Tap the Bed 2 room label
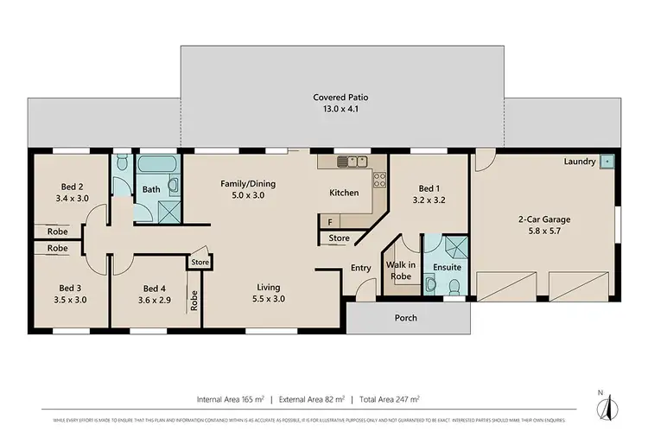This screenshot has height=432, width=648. click(x=72, y=192)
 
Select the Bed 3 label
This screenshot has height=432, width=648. click(x=72, y=294)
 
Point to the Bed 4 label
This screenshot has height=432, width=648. click(x=153, y=294)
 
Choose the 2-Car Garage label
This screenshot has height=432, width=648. click(x=545, y=225)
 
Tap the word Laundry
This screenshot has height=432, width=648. click(x=580, y=162)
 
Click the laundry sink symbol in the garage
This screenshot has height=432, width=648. click(x=608, y=162)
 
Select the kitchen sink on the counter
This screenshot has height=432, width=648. click(x=353, y=162)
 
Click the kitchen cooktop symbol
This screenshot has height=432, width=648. click(x=378, y=180)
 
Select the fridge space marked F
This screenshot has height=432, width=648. click(x=332, y=221)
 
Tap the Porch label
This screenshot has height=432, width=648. click(x=405, y=318)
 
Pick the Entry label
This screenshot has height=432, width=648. click(x=360, y=268)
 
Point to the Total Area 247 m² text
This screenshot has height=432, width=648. click(x=391, y=399)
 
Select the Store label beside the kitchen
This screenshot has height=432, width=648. click(x=340, y=238)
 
